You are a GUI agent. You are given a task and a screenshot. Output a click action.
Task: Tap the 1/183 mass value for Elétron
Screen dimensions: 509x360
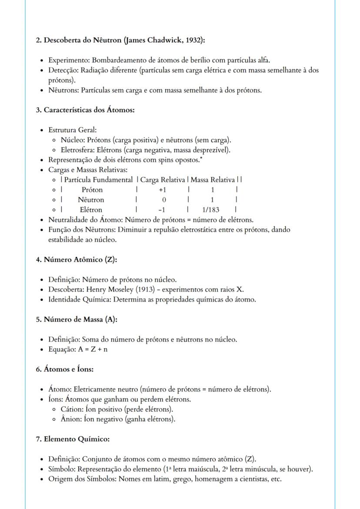pos(212,210)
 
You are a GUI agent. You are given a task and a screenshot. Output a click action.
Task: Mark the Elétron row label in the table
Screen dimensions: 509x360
pos(91,210)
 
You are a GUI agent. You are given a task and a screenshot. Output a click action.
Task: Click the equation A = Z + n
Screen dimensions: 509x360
pos(92,349)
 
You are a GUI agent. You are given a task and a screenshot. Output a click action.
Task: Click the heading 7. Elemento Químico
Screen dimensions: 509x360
pos(72,439)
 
